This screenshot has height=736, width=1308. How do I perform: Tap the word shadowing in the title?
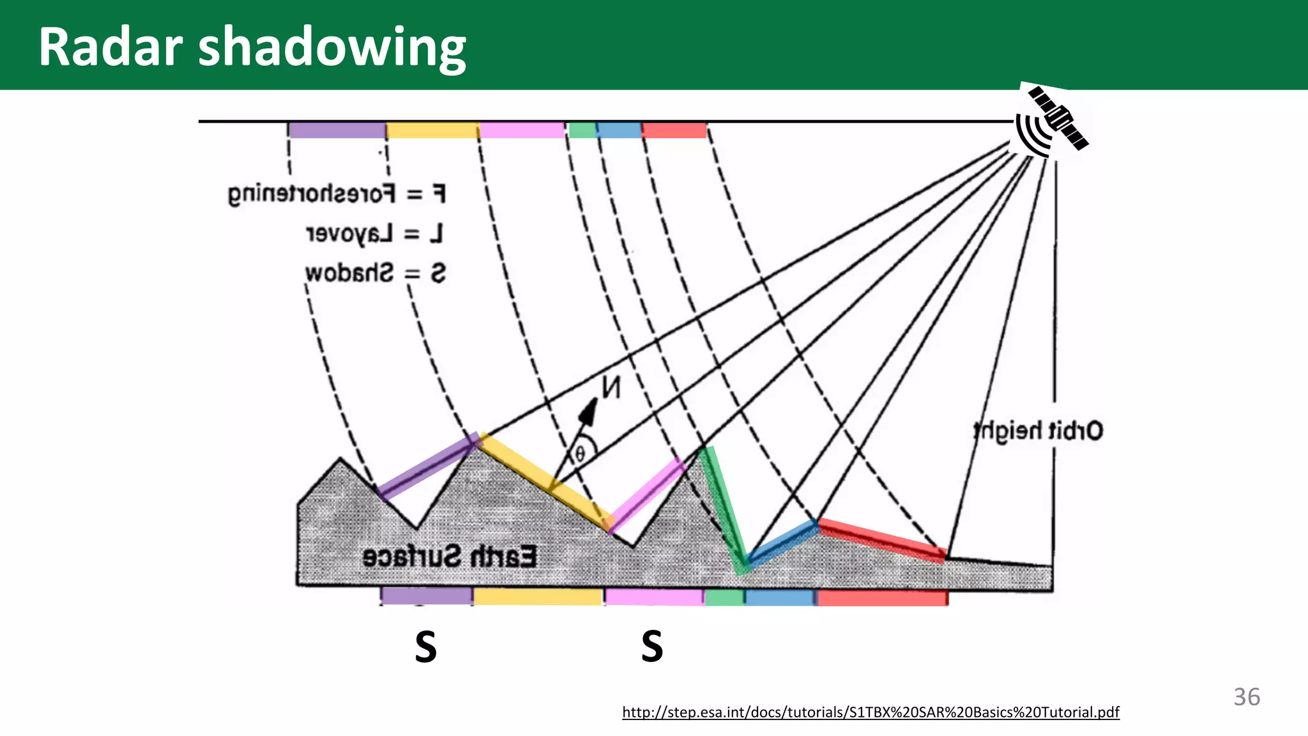click(332, 48)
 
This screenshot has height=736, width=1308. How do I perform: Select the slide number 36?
click(1247, 697)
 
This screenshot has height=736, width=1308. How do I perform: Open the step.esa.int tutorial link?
click(871, 712)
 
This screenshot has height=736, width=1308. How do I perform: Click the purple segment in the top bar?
click(337, 130)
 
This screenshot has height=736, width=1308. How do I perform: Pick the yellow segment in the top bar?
click(432, 130)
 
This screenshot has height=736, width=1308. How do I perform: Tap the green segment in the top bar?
click(582, 130)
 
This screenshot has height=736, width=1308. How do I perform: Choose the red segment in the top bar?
click(674, 130)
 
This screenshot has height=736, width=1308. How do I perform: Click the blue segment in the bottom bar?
click(779, 597)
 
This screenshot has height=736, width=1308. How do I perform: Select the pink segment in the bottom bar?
click(654, 597)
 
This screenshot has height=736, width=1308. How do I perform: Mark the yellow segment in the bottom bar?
click(537, 597)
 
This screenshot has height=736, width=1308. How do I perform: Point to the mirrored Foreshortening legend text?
click(337, 194)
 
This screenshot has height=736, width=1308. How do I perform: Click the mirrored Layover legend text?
click(374, 234)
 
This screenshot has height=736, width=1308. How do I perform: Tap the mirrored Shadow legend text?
click(375, 273)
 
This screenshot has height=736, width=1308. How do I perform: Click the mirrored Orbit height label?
click(1038, 431)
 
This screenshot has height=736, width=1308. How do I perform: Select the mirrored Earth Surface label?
click(450, 557)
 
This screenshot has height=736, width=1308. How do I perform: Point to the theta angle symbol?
click(580, 454)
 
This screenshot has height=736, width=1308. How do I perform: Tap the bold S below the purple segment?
click(426, 647)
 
